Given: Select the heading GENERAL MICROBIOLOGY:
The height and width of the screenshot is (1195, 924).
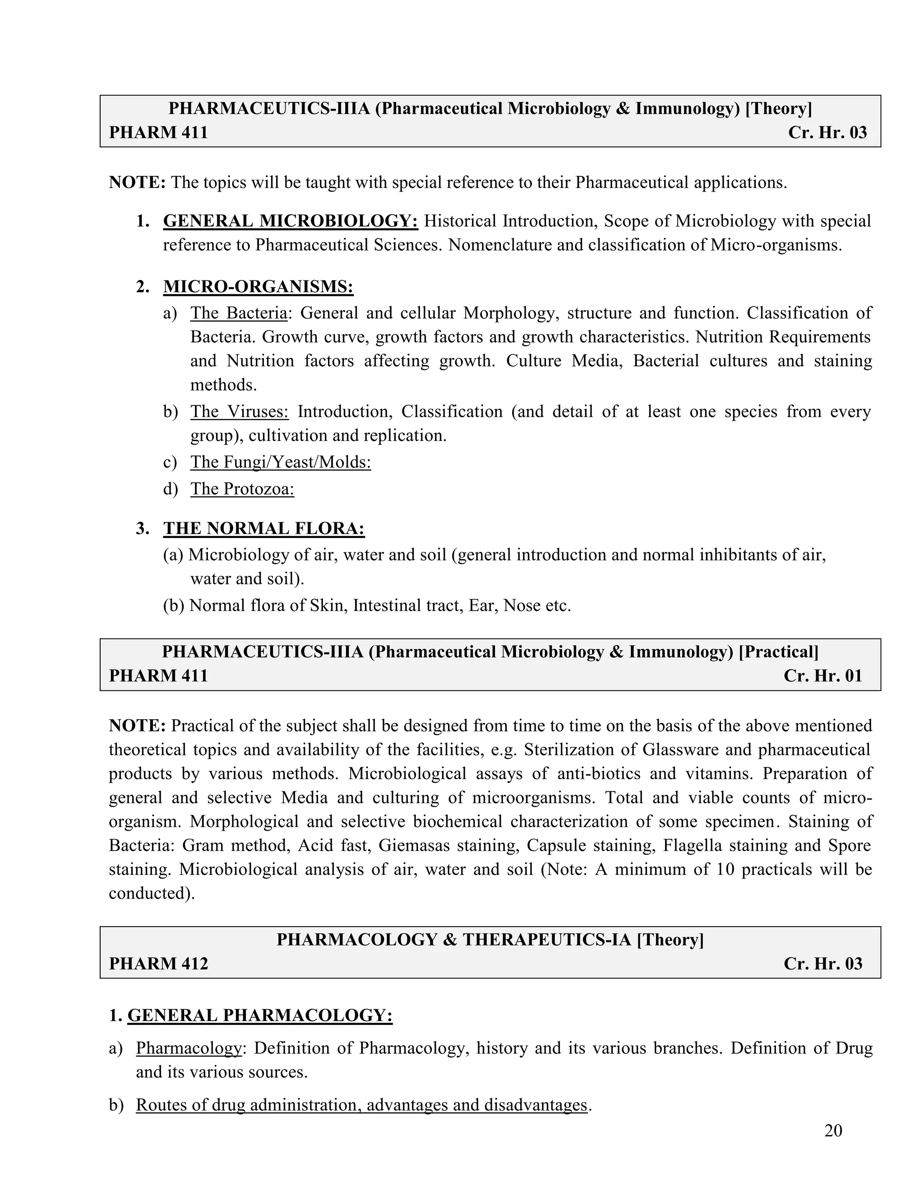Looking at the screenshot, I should pyautogui.click(x=290, y=221).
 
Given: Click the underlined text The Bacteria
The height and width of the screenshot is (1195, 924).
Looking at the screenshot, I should pyautogui.click(x=239, y=313).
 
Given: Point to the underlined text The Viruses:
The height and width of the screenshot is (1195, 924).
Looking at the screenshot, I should pyautogui.click(x=239, y=411).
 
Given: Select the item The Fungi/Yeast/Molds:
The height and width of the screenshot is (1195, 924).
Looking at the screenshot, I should pyautogui.click(x=280, y=462).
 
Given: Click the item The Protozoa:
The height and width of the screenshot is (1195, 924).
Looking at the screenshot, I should pyautogui.click(x=242, y=489).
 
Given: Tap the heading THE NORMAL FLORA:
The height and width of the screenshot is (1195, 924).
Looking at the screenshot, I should pyautogui.click(x=264, y=529).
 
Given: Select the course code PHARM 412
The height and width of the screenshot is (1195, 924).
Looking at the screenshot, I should pyautogui.click(x=158, y=964).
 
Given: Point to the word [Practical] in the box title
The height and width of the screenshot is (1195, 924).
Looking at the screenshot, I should pyautogui.click(x=778, y=652).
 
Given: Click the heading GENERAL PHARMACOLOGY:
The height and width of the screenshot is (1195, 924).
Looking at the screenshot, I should pyautogui.click(x=259, y=1016).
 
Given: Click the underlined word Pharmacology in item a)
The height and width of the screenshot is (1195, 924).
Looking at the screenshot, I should pyautogui.click(x=188, y=1048).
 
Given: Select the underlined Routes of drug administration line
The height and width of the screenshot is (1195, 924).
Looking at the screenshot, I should pyautogui.click(x=361, y=1105).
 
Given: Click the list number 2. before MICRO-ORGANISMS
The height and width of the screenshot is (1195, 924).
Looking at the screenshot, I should pyautogui.click(x=143, y=287).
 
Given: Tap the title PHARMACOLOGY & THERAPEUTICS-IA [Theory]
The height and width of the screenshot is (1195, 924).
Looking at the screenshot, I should pyautogui.click(x=490, y=939).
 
